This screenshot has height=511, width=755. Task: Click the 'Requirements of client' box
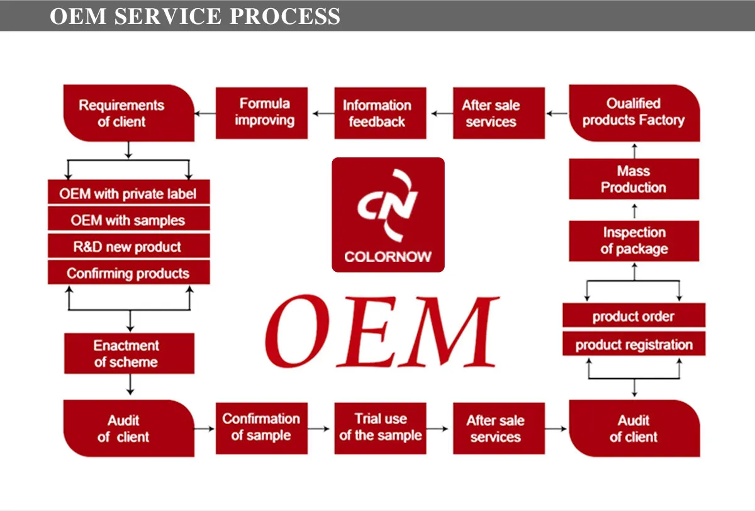tap(129, 113)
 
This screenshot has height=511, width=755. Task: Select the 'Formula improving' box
tap(262, 113)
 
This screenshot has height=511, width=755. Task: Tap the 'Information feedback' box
tap(380, 113)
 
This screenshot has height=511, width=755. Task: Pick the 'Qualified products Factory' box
tap(634, 113)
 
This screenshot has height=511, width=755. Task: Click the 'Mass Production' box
tap(634, 179)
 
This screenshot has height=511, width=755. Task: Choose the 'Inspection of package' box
tap(634, 241)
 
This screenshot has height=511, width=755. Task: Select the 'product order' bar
tap(634, 315)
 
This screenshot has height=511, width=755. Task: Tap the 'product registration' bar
tap(634, 344)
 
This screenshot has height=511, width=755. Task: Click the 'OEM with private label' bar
tap(129, 192)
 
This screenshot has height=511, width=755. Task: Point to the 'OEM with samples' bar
tap(129, 218)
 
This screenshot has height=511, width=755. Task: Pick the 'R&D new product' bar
tap(129, 245)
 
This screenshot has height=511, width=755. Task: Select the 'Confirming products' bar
tap(129, 272)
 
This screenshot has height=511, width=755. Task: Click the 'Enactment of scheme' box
tap(129, 353)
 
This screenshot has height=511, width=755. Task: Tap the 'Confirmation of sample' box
tap(262, 429)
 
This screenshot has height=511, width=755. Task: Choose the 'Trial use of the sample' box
tap(380, 429)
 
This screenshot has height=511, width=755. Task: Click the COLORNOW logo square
tap(388, 215)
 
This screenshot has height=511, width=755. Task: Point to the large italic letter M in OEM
tap(448, 332)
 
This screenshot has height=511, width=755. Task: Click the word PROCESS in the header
tap(285, 16)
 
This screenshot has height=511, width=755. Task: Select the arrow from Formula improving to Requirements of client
tap(205, 113)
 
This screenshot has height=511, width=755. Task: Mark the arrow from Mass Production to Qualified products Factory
tap(634, 151)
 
